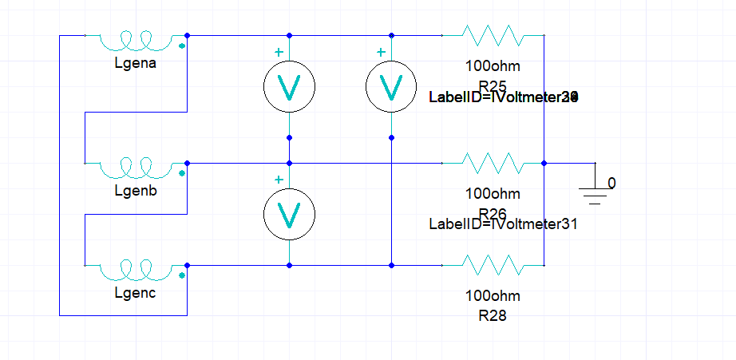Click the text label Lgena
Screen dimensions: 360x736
click(136, 64)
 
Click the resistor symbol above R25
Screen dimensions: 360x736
click(493, 35)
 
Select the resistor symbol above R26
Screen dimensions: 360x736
click(493, 163)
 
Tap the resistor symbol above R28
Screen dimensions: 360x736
click(493, 265)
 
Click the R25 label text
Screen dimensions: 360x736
click(493, 85)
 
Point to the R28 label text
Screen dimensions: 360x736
click(493, 315)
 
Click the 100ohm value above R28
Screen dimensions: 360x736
click(493, 295)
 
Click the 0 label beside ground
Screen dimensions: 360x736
click(611, 183)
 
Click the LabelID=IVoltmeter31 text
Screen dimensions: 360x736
click(503, 224)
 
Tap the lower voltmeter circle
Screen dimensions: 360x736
click(289, 214)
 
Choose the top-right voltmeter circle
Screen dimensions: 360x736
click(391, 86)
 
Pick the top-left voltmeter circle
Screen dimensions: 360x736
click(289, 86)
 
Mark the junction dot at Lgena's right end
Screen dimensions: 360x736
click(187, 35)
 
